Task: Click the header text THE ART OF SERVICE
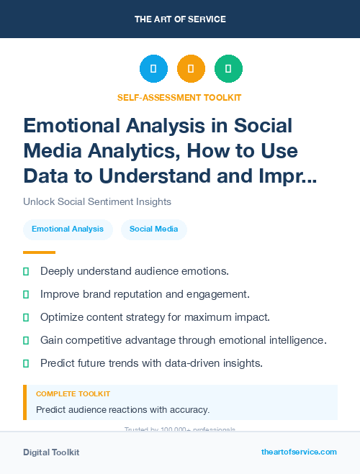click(180, 19)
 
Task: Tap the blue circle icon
click(153, 69)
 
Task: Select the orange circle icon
click(191, 69)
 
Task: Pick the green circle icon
click(228, 69)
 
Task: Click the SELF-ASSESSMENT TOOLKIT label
click(179, 97)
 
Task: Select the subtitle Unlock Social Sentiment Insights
click(97, 202)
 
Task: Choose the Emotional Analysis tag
click(68, 229)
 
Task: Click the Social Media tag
click(153, 229)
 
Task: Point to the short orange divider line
click(39, 252)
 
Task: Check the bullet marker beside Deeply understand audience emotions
click(26, 271)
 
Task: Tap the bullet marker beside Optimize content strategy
click(26, 317)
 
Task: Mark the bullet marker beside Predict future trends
click(26, 363)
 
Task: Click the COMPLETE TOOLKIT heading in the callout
click(73, 394)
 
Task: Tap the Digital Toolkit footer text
click(51, 452)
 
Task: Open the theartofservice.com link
click(299, 452)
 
